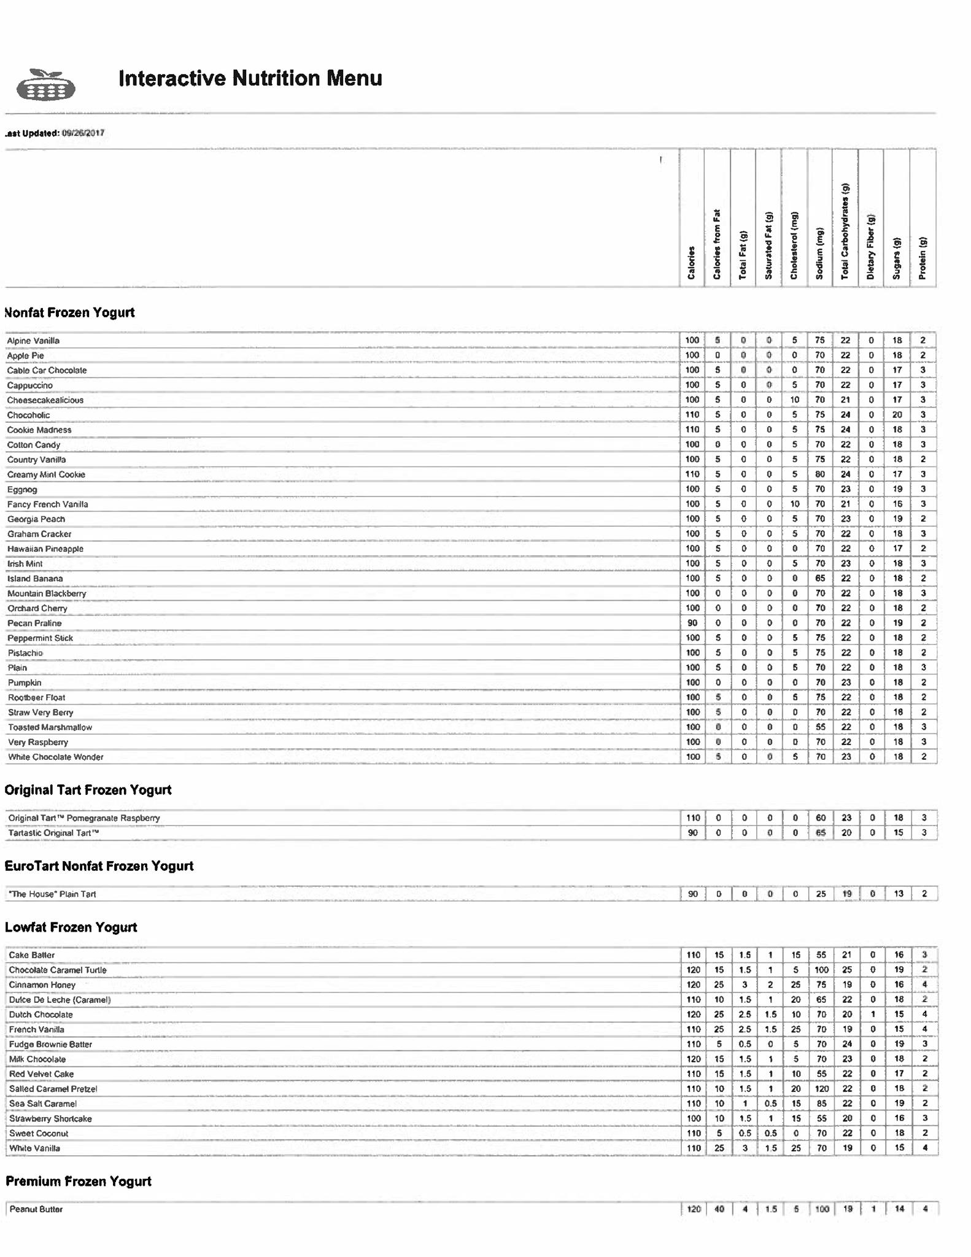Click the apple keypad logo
pos(45,85)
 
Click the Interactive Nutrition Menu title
pos(250,79)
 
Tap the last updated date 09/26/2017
pos(83,133)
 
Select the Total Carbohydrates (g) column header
pos(845,231)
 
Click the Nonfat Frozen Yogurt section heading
pos(69,312)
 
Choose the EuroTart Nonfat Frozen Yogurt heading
pos(99,866)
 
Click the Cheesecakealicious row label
pos(45,400)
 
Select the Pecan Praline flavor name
pos(34,624)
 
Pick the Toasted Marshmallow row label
pos(50,727)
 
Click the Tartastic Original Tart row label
pos(53,833)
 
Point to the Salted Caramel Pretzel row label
pos(53,1089)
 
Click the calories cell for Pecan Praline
pos(692,623)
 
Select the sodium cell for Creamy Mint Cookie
pos(820,474)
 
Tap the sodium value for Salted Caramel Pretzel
pos(821,1089)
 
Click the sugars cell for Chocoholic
pos(897,415)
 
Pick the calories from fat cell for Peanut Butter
pos(719,1209)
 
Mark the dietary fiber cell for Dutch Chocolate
pos(872,1015)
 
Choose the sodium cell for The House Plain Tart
pos(821,894)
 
